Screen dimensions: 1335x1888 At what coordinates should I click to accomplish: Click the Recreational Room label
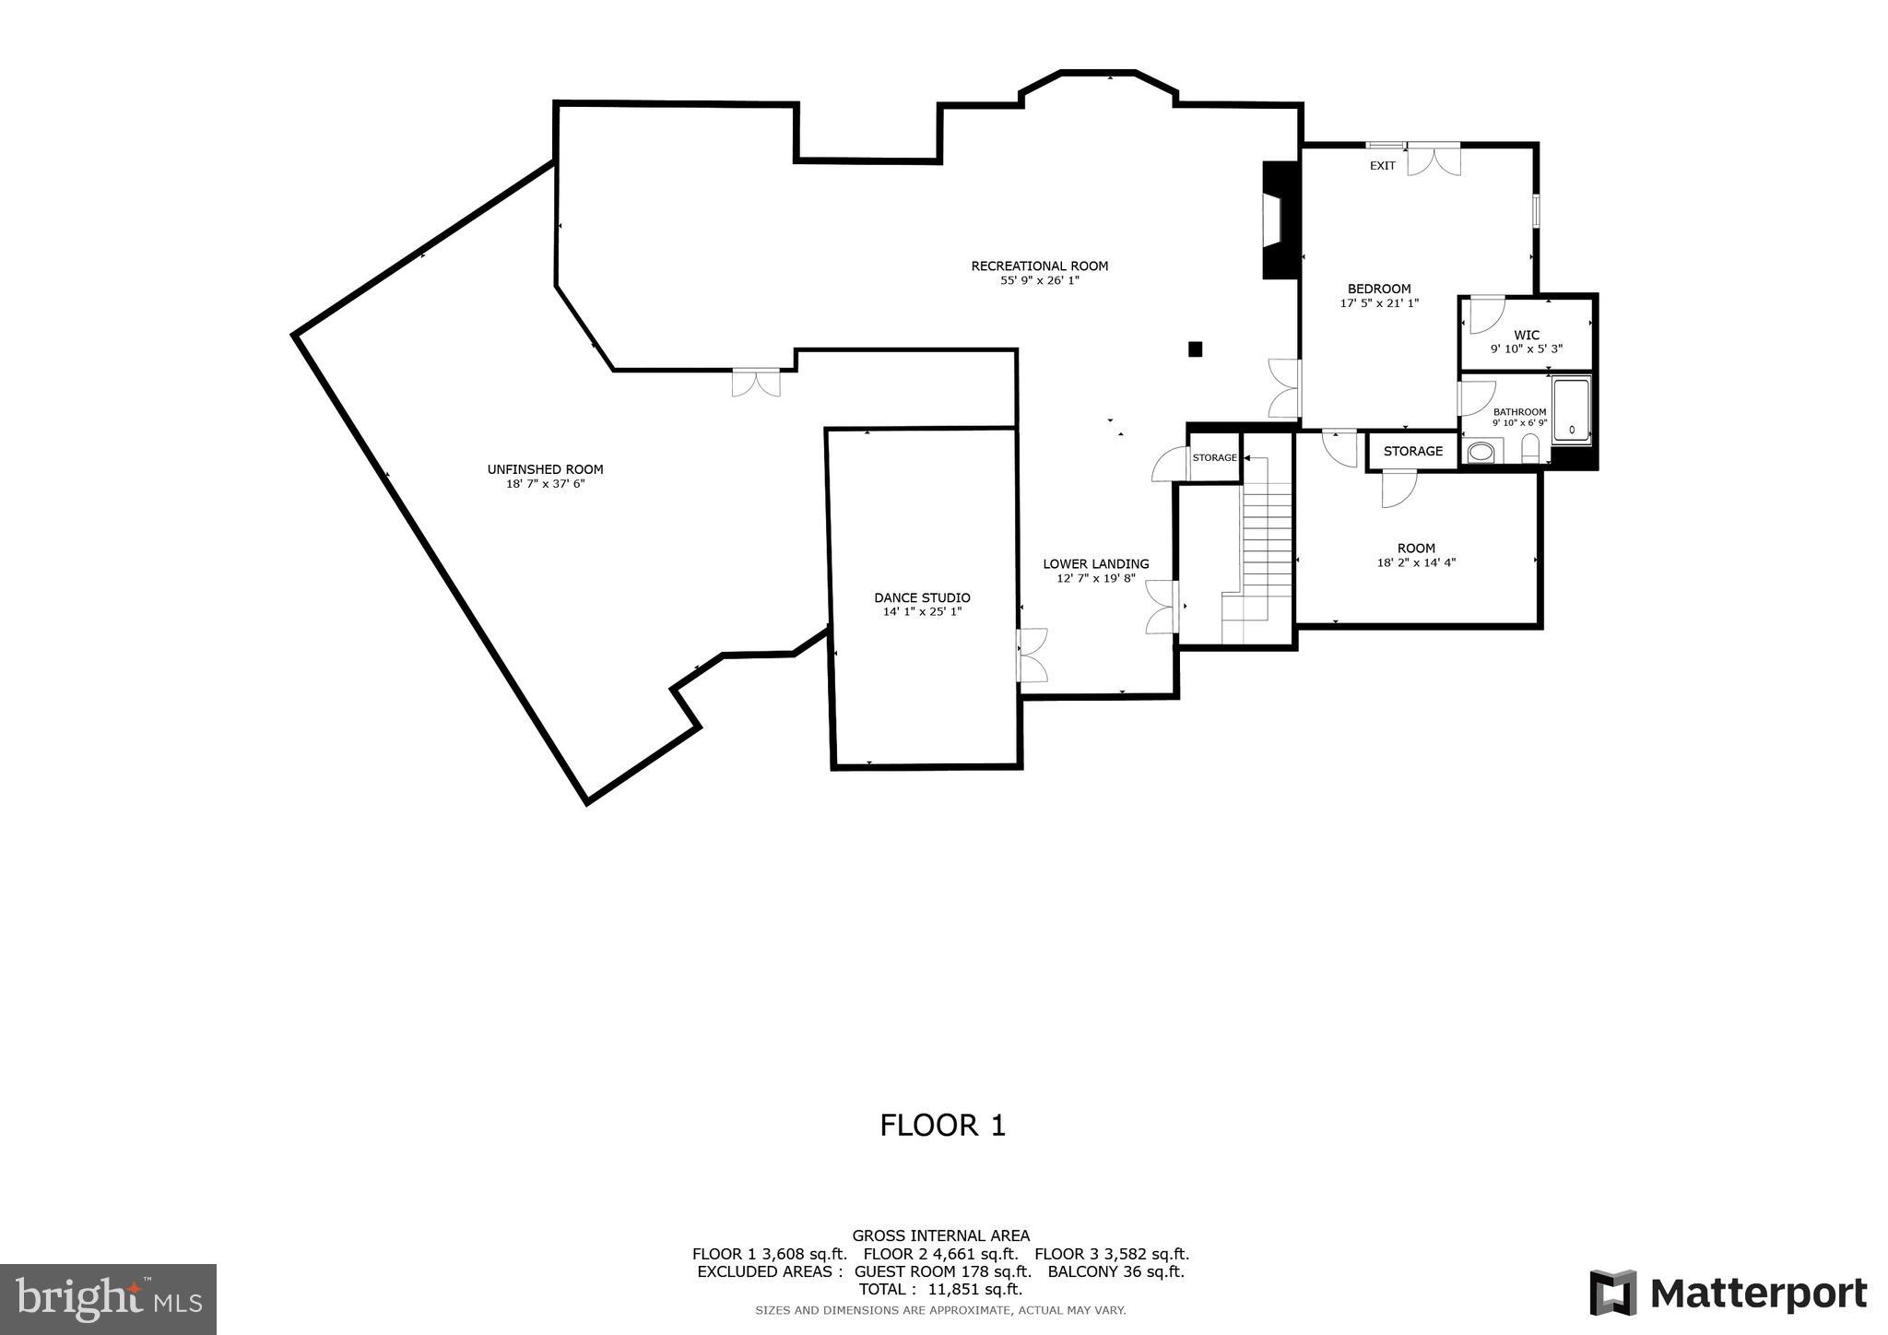click(x=1039, y=266)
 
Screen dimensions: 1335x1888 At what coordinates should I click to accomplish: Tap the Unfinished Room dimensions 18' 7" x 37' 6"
click(x=545, y=483)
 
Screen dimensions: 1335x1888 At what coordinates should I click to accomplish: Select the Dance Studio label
click(x=922, y=597)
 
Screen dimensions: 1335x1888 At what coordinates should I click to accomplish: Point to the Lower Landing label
click(x=1095, y=563)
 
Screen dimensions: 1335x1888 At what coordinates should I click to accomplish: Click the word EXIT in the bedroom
click(x=1382, y=166)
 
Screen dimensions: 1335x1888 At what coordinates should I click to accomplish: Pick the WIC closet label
click(x=1527, y=336)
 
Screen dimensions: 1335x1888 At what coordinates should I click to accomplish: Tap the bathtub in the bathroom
click(x=1571, y=411)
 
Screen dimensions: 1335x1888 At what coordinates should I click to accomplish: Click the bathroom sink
click(x=1481, y=453)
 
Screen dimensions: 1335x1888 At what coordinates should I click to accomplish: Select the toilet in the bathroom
click(x=1530, y=449)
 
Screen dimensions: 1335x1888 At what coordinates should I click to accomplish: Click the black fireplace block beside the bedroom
click(x=1280, y=220)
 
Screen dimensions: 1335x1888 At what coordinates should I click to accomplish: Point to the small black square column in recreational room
click(x=1195, y=349)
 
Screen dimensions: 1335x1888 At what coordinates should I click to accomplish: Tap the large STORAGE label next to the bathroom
click(x=1412, y=451)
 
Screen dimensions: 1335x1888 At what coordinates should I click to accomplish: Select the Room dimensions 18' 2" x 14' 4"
click(x=1416, y=562)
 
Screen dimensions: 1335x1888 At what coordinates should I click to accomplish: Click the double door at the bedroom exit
click(x=1434, y=158)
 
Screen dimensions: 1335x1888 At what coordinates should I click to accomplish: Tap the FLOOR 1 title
click(x=942, y=1125)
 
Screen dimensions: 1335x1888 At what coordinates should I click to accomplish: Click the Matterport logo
click(x=1728, y=1294)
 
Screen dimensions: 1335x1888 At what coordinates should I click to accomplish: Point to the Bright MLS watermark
click(x=108, y=1299)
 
